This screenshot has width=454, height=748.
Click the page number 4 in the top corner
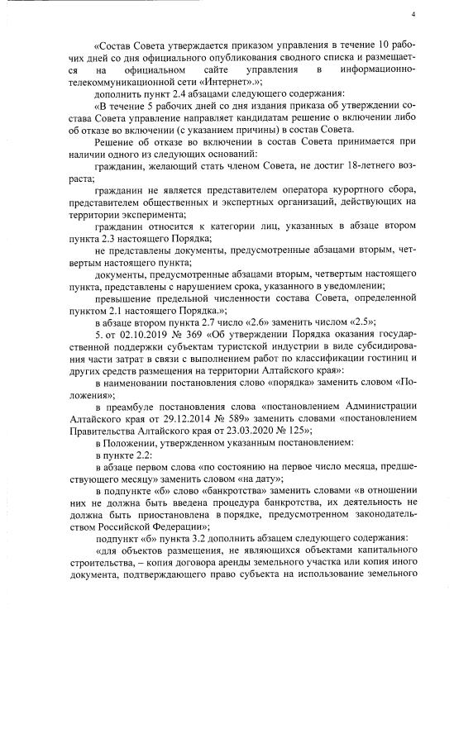tap(412, 15)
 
